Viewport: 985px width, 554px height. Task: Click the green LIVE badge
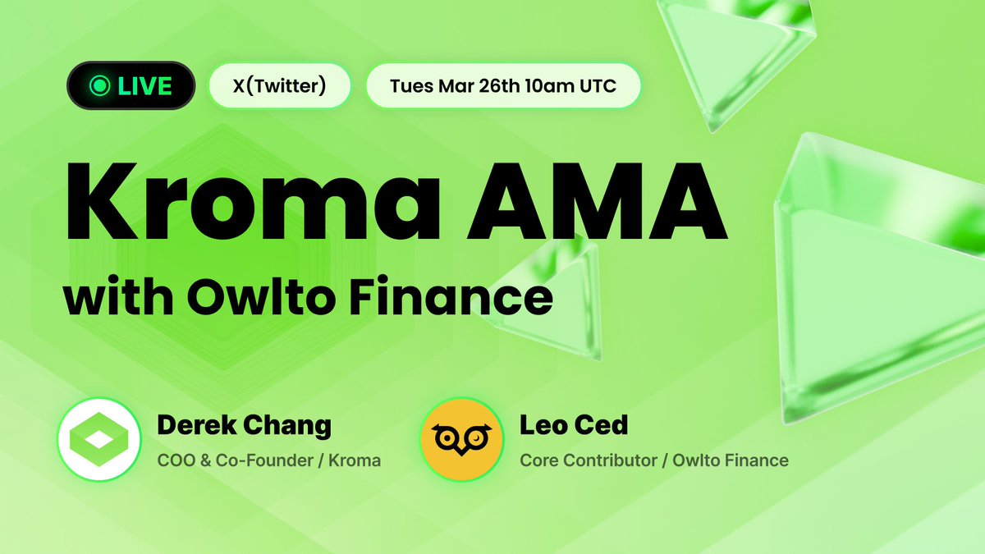(x=131, y=85)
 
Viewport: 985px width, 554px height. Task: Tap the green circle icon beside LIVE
(x=101, y=85)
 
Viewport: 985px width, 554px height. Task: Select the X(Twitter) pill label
(x=280, y=85)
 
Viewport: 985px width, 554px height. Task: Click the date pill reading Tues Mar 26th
(x=502, y=85)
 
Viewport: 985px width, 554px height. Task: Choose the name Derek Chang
(x=244, y=425)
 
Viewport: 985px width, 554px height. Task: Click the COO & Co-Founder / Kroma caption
(x=268, y=460)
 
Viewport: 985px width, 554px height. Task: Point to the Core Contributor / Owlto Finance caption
(x=653, y=460)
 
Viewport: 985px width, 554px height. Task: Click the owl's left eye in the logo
(x=448, y=438)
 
